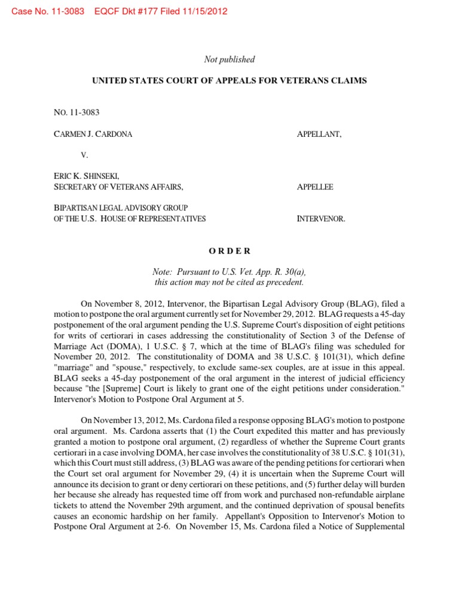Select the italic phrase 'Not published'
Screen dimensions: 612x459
point(229,59)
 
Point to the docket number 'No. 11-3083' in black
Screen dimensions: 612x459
point(74,111)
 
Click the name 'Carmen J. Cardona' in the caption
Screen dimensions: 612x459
point(93,134)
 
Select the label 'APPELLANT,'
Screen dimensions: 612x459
point(319,134)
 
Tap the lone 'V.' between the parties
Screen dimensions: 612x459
point(84,155)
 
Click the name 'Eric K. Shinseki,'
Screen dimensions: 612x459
point(86,176)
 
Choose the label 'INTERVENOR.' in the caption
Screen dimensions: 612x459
point(321,219)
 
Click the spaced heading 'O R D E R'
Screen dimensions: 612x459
point(229,251)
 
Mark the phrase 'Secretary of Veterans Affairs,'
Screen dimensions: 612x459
point(118,187)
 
